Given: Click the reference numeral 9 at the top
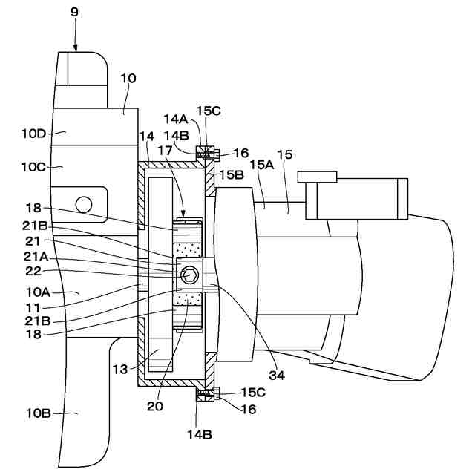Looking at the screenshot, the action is point(74,12).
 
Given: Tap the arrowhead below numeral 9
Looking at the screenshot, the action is point(76,47).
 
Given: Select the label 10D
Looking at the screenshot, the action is point(33,134).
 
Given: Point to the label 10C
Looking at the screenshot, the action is point(33,167).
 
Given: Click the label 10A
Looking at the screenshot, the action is point(38,292).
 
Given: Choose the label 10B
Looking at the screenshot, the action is point(38,413).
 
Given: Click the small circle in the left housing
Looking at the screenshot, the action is point(84,205).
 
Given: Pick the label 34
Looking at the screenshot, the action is point(277,376).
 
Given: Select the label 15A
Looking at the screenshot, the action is point(262,165).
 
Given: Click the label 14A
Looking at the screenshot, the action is point(176,119).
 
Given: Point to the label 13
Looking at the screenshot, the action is point(120,370).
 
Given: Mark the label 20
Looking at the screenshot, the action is point(155,406).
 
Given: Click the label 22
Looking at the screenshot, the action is point(33,271).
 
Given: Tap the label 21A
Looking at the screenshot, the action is point(36,257).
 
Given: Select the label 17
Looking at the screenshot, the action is point(165,150).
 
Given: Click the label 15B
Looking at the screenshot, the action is point(232,174).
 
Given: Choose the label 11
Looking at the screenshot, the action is point(33,309).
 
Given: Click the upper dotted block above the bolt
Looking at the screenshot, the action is point(187,249).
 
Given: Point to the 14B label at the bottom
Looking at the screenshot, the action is point(200,435).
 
